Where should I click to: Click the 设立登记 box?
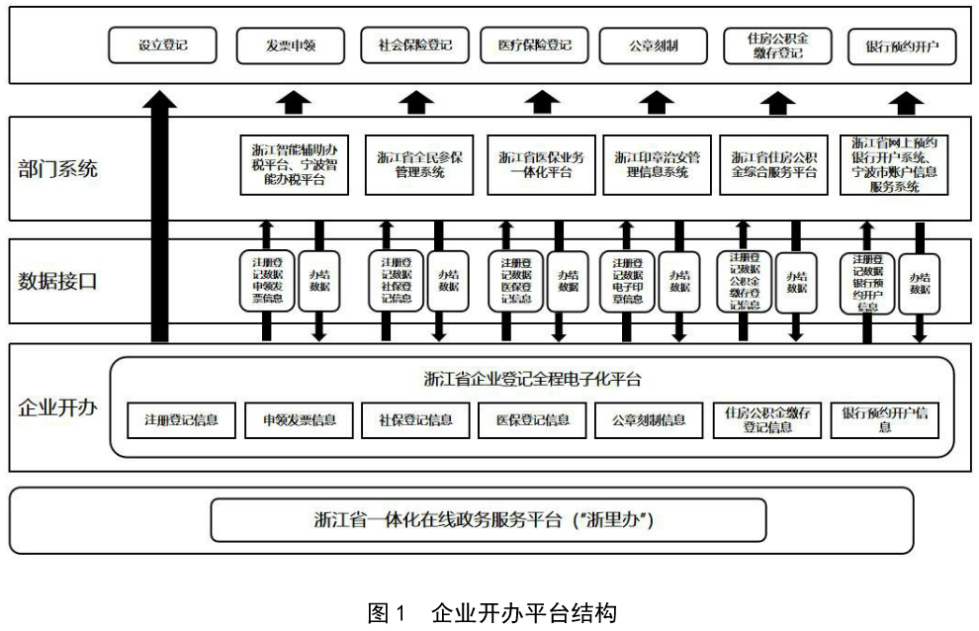click(162, 45)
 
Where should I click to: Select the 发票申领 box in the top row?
click(290, 45)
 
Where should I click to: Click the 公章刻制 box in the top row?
click(653, 45)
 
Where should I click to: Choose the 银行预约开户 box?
click(902, 45)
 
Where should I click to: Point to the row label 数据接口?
click(58, 281)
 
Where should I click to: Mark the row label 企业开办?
click(58, 406)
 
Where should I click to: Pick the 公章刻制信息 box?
click(649, 420)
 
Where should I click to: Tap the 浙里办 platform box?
click(489, 520)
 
